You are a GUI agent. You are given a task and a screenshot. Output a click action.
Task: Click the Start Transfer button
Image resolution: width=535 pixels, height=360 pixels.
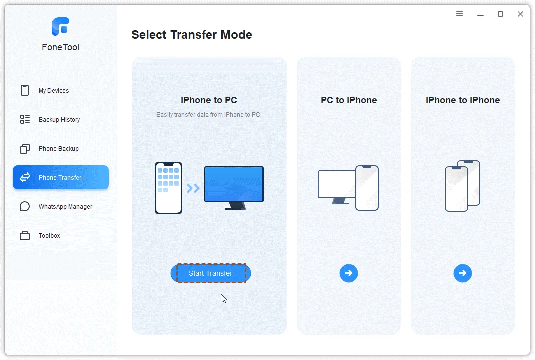pyautogui.click(x=211, y=273)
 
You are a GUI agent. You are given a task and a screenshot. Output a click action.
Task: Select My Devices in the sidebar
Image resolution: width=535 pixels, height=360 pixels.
pyautogui.click(x=54, y=91)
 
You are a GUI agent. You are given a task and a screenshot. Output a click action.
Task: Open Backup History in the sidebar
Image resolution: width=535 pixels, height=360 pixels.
pyautogui.click(x=59, y=120)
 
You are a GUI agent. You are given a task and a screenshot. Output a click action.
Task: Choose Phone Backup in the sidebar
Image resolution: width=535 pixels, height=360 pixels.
pyautogui.click(x=58, y=149)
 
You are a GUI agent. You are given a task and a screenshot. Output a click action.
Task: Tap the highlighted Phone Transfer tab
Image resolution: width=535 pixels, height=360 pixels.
pyautogui.click(x=60, y=178)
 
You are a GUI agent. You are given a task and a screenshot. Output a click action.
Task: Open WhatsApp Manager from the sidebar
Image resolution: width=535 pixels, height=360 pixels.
pyautogui.click(x=65, y=207)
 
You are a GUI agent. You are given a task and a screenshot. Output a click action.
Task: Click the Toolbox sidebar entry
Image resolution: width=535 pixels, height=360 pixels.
pyautogui.click(x=49, y=236)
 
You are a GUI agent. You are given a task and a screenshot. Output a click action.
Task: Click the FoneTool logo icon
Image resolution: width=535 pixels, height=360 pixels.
pyautogui.click(x=60, y=26)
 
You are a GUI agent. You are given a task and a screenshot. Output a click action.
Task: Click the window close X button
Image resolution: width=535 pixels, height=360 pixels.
pyautogui.click(x=520, y=14)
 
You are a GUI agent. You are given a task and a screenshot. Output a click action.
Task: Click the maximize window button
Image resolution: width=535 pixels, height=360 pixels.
pyautogui.click(x=500, y=14)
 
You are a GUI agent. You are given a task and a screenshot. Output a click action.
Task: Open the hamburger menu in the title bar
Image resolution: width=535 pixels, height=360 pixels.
pyautogui.click(x=460, y=14)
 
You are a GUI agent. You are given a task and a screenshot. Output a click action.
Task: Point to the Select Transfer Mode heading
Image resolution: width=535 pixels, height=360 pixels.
pyautogui.click(x=192, y=35)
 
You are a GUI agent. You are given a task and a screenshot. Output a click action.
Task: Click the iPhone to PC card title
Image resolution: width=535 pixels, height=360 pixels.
pyautogui.click(x=209, y=100)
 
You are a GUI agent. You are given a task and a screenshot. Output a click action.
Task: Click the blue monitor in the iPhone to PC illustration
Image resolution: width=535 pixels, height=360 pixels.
pyautogui.click(x=234, y=185)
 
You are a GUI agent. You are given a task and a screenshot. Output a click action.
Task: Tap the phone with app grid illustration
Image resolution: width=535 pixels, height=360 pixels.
pyautogui.click(x=168, y=188)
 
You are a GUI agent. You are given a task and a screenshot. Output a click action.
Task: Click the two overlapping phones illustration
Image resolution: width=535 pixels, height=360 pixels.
pyautogui.click(x=462, y=186)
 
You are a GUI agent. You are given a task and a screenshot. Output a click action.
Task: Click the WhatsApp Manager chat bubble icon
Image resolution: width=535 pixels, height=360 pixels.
pyautogui.click(x=25, y=207)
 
